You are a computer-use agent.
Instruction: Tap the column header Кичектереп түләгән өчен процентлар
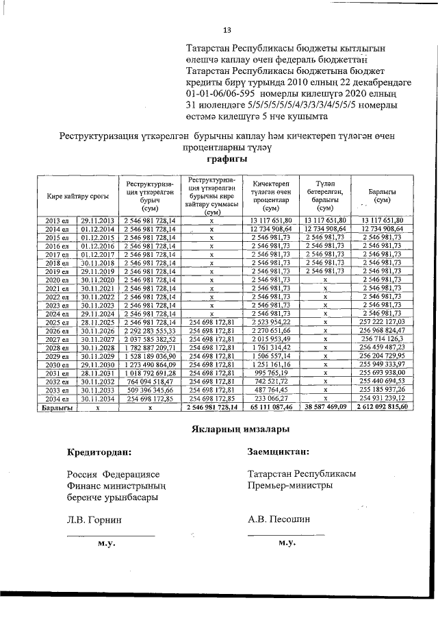point(271,196)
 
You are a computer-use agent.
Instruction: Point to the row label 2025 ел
point(57,321)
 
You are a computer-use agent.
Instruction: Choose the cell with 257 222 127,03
point(383,321)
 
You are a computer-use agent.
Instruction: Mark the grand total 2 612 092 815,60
point(382,406)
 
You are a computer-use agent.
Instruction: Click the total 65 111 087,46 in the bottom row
point(271,406)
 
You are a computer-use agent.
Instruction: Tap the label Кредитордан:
point(99,452)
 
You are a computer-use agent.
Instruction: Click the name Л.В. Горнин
point(94,520)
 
